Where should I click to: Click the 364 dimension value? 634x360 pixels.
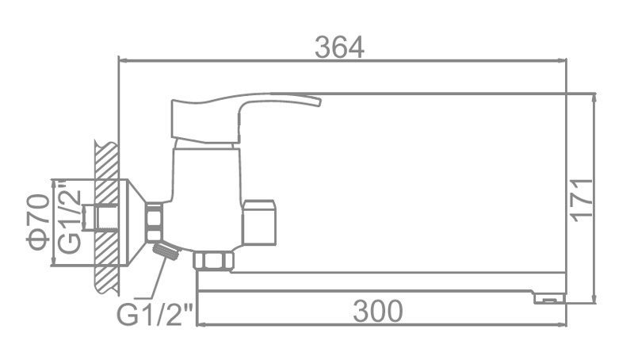pyautogui.click(x=339, y=47)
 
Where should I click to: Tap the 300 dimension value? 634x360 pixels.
pyautogui.click(x=378, y=311)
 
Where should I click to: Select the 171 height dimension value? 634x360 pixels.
pyautogui.click(x=582, y=200)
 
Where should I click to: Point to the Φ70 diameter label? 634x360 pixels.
pyautogui.click(x=37, y=222)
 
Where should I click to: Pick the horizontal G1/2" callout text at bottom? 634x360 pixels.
pyautogui.click(x=155, y=313)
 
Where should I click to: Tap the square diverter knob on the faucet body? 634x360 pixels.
pyautogui.click(x=260, y=222)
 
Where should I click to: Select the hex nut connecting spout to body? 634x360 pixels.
pyautogui.click(x=213, y=261)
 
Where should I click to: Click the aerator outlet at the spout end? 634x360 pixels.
pyautogui.click(x=550, y=298)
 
